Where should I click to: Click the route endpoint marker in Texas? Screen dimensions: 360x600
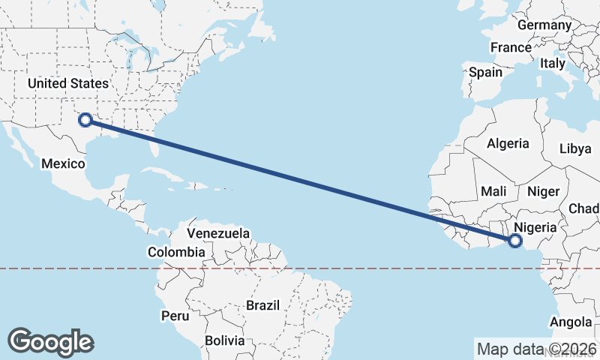(85, 118)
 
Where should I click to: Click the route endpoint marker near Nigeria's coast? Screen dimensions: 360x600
(514, 241)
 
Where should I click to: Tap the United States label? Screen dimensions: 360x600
(68, 83)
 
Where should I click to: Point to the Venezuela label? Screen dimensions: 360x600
(218, 233)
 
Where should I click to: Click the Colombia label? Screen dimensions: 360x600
(176, 252)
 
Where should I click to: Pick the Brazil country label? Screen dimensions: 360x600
(262, 305)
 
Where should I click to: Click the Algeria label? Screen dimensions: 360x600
(508, 143)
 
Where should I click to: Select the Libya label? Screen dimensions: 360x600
(575, 148)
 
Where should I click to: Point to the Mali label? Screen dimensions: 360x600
(494, 191)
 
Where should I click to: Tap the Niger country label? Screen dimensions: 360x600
(544, 191)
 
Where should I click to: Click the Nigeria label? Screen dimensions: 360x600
(536, 227)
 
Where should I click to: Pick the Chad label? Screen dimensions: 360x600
(584, 208)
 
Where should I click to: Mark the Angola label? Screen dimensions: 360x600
(571, 322)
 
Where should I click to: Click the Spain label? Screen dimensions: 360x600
(485, 73)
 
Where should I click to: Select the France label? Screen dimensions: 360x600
(511, 47)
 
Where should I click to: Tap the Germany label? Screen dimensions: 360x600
(544, 25)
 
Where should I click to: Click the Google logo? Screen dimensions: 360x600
(50, 342)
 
